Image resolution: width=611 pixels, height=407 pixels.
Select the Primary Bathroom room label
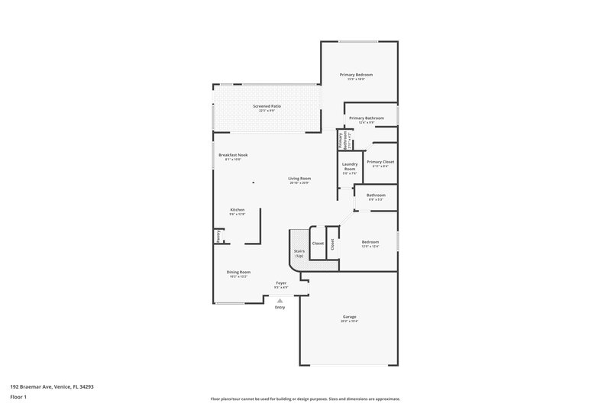click(x=367, y=118)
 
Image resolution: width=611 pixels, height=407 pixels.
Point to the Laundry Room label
click(x=350, y=166)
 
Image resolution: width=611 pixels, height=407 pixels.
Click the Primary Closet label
click(x=380, y=162)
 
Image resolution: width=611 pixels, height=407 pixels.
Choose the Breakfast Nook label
click(x=233, y=155)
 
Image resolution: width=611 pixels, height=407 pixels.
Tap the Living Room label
click(x=299, y=179)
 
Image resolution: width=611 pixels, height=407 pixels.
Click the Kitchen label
click(x=238, y=210)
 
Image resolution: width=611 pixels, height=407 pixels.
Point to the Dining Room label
click(x=238, y=272)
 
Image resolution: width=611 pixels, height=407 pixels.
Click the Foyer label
click(x=281, y=283)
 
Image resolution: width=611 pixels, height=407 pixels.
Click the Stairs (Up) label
click(x=299, y=253)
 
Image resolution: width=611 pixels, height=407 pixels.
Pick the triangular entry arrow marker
click(x=280, y=301)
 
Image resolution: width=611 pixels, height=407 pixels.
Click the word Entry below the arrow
click(x=280, y=308)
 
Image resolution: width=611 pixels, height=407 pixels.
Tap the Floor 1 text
click(x=17, y=397)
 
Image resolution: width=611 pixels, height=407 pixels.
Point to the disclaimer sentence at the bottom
click(x=305, y=399)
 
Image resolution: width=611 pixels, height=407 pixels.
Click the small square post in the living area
click(x=253, y=183)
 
